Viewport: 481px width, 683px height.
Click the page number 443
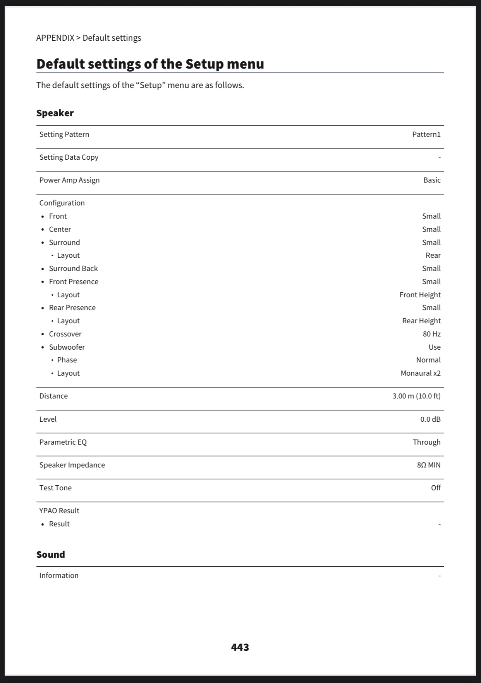(240, 647)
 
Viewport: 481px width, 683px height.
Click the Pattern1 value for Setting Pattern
(426, 135)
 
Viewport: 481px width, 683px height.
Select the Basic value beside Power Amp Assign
(431, 180)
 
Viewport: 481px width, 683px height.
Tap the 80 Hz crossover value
(431, 334)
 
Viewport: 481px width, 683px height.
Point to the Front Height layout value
(420, 295)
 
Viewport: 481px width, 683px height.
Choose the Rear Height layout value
(421, 321)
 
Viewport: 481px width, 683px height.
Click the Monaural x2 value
(420, 373)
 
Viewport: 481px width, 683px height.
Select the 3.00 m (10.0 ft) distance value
(416, 396)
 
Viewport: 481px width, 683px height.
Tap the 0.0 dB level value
(430, 419)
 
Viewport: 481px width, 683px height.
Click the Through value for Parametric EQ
(426, 442)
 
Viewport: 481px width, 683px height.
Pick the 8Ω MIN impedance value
(428, 465)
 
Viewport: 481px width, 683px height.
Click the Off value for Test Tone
(435, 488)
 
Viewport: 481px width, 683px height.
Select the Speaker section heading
(55, 113)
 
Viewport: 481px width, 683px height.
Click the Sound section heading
(51, 555)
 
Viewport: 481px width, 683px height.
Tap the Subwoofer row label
(67, 347)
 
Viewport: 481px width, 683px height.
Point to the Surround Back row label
(73, 269)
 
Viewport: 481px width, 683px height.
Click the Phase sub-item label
(67, 360)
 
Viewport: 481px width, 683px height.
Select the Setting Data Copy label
(69, 157)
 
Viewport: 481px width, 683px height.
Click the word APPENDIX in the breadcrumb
(55, 38)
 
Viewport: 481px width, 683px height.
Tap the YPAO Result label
(59, 511)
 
